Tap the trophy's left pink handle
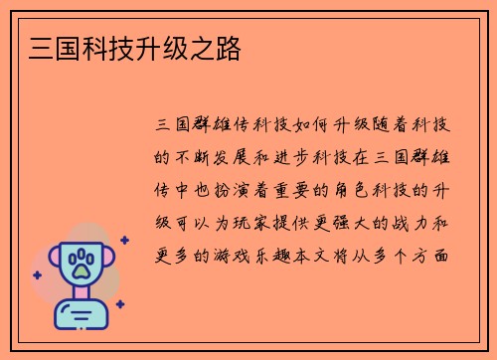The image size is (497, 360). (55, 265)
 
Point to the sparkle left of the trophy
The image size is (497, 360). (38, 275)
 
